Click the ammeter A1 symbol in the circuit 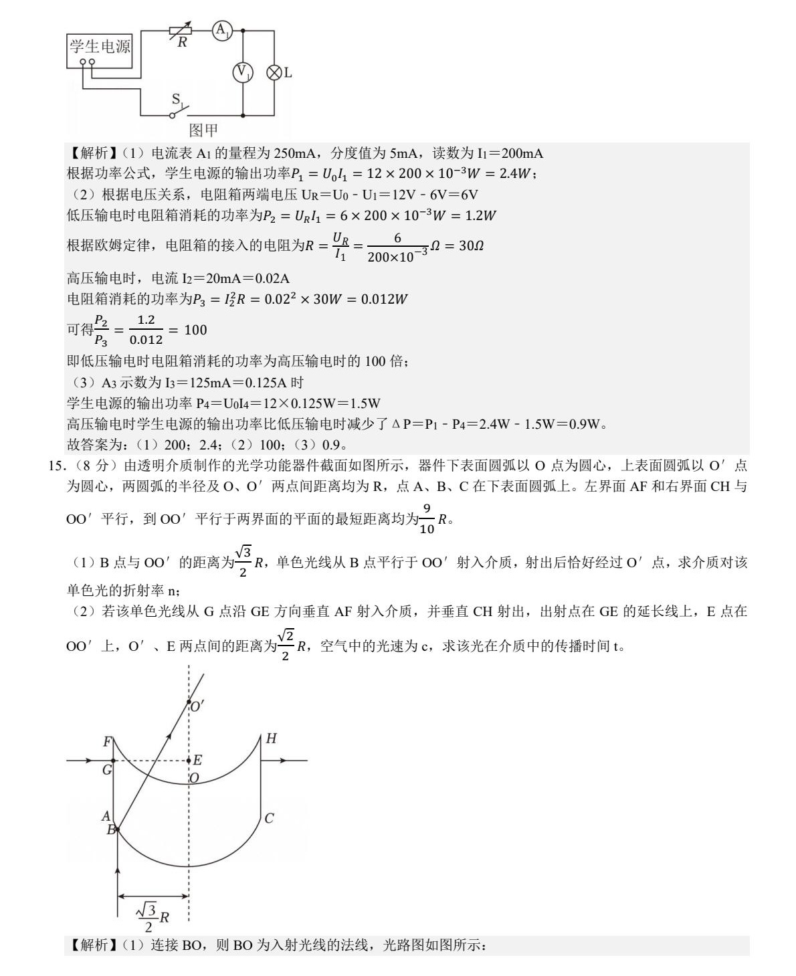(222, 30)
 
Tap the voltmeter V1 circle (242, 72)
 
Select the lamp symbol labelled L (274, 72)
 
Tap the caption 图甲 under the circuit (203, 130)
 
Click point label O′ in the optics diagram (197, 706)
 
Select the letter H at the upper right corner (271, 739)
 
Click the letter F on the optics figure (107, 742)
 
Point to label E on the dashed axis (197, 760)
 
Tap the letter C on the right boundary (269, 818)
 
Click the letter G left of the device (107, 770)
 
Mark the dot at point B (118, 829)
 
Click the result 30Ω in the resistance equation (471, 246)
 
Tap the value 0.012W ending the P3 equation (384, 299)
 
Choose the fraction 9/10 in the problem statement (427, 520)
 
